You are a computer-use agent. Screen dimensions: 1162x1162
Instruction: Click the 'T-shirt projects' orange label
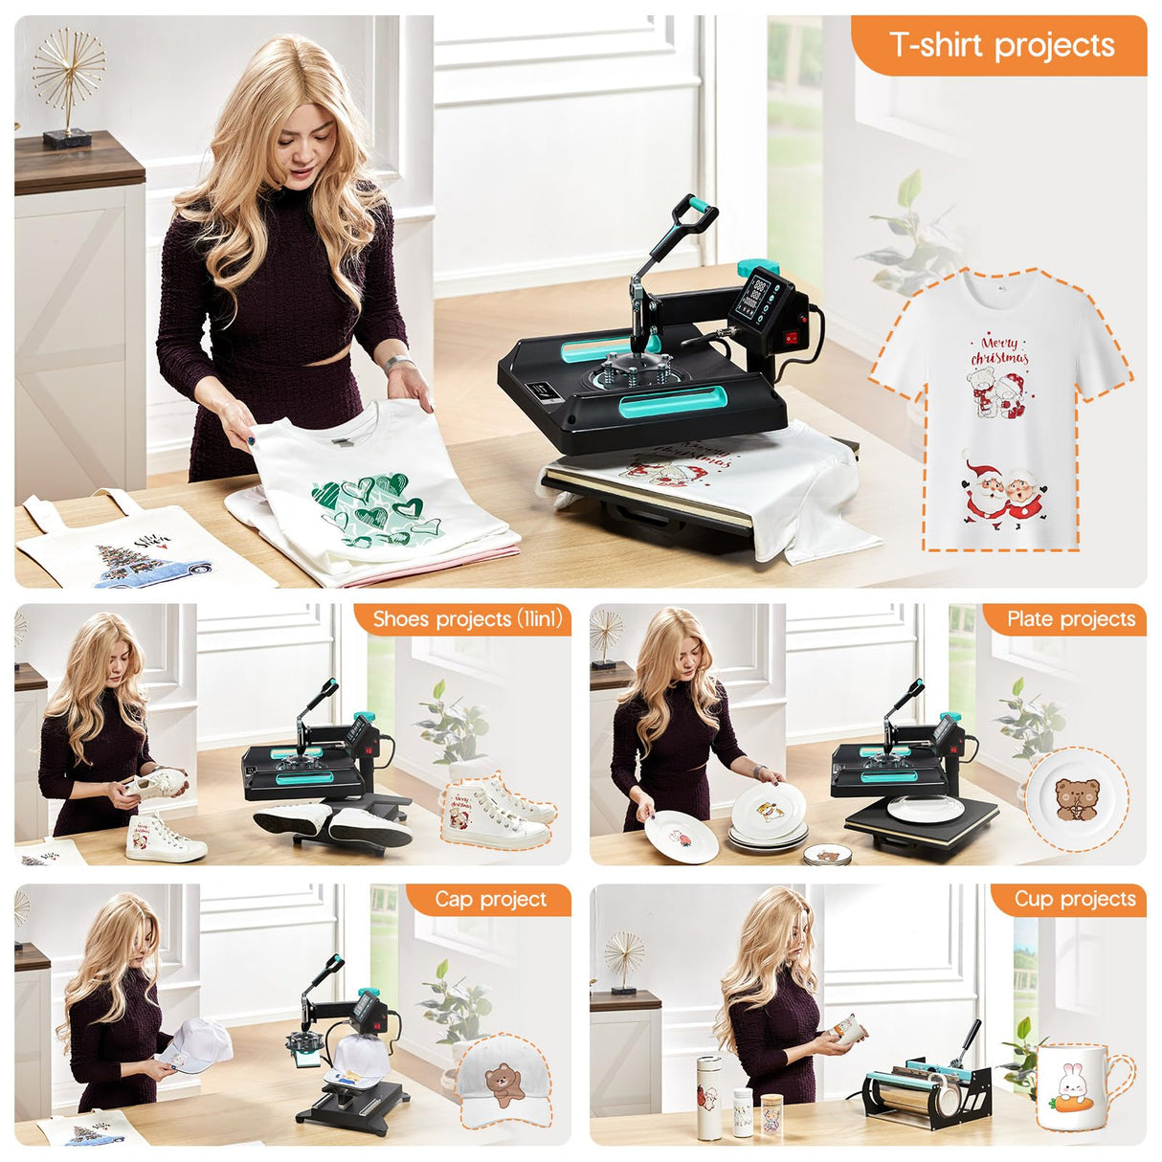coord(1001,45)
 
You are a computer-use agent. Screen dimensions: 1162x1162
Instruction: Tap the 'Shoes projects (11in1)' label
coord(466,619)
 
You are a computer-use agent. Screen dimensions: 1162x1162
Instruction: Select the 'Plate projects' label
coord(1070,619)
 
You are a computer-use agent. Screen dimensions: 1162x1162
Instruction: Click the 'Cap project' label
coord(490,899)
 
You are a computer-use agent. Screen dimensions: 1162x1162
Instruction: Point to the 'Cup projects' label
coord(1074,899)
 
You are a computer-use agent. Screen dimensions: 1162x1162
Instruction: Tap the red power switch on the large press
coord(790,337)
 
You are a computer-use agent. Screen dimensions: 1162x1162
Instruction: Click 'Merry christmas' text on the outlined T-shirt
coord(999,350)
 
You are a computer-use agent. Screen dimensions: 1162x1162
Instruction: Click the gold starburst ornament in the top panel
coord(68,72)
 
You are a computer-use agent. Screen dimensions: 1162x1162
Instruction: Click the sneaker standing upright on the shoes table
coord(163,838)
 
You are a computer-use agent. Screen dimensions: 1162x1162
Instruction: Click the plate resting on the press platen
coord(925,809)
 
